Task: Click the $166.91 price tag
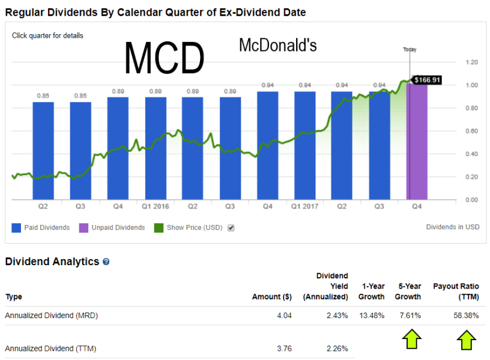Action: (x=428, y=79)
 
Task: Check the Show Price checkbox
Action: (x=231, y=228)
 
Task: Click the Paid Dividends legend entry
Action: (x=41, y=228)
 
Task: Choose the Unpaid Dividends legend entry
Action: (x=112, y=228)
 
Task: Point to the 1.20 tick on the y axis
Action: (x=471, y=62)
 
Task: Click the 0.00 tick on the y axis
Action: (x=471, y=200)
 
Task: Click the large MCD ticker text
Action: (x=164, y=58)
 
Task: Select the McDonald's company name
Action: (x=277, y=45)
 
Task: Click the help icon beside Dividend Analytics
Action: (x=106, y=262)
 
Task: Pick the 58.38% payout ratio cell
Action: (x=466, y=316)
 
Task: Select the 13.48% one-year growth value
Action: (x=371, y=316)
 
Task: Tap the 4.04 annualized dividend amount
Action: (x=285, y=316)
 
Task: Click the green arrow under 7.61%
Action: (x=411, y=340)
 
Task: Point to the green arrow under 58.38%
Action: (x=467, y=340)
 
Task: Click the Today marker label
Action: (x=410, y=50)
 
